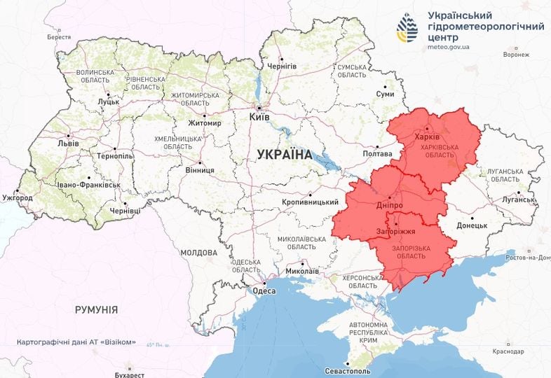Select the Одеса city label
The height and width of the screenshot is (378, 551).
coord(264,292)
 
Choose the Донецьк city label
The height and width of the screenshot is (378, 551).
coord(472,225)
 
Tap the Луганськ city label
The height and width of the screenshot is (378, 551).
coord(518,199)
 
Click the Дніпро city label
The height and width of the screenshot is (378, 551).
coord(388,207)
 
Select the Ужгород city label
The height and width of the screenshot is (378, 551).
coord(18,198)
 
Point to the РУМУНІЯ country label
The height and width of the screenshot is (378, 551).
coord(96,309)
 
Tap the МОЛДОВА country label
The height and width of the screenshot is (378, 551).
coord(199,252)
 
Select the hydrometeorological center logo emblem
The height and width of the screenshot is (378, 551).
coord(406,28)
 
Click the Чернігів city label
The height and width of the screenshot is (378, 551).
coord(282,66)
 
